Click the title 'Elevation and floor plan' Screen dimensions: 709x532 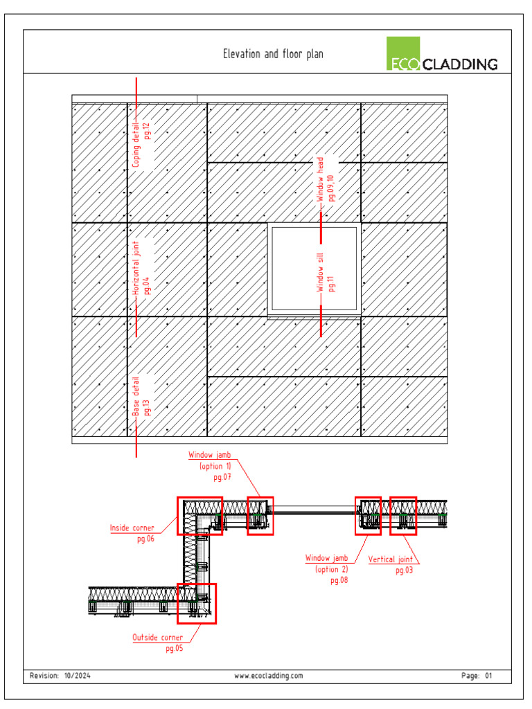(272, 54)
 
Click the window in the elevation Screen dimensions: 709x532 (314, 269)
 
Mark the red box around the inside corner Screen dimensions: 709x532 (199, 516)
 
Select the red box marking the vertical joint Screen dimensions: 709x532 (402, 515)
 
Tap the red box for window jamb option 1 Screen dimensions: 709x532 (260, 515)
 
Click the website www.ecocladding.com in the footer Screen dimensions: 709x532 (269, 676)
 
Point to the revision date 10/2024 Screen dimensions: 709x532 (77, 676)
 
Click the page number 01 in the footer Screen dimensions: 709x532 (488, 676)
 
